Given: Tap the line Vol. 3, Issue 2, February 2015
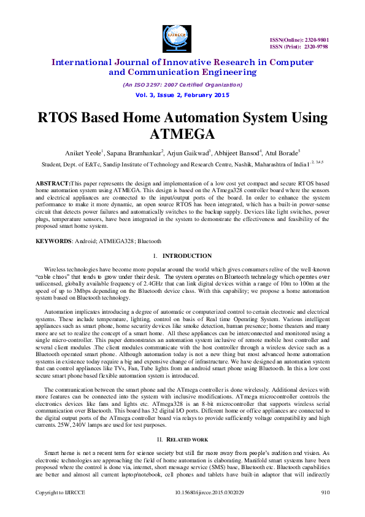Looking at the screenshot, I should (182, 95).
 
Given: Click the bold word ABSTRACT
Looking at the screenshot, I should (53, 184).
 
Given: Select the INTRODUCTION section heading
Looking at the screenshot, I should (187, 256).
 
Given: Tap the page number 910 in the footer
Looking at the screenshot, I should (325, 509).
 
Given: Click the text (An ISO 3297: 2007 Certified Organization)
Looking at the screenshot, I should (182, 84).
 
